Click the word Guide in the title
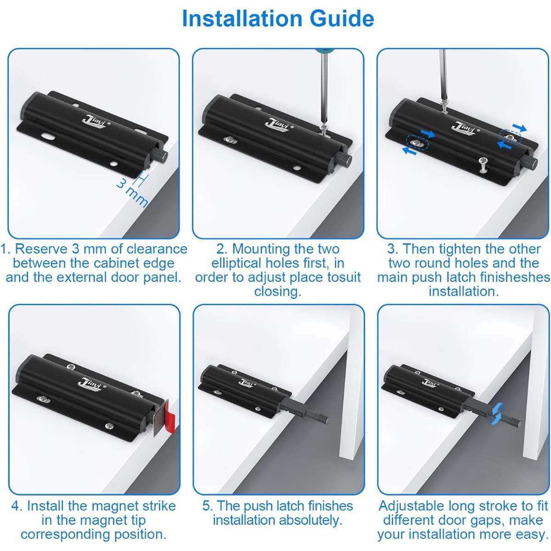[342, 18]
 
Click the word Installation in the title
[242, 18]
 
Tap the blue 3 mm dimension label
[132, 192]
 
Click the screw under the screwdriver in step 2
[324, 129]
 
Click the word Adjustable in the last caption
[411, 506]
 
